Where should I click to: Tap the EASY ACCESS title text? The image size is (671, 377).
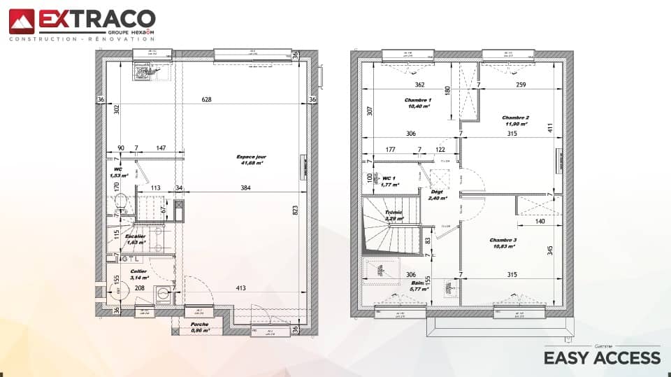(x=602, y=358)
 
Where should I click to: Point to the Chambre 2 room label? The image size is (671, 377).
(x=515, y=120)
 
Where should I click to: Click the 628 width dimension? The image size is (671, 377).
(x=206, y=100)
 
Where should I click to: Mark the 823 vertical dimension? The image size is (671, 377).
(x=294, y=209)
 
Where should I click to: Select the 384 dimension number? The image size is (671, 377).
(x=245, y=187)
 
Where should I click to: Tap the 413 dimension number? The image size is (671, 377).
(x=241, y=288)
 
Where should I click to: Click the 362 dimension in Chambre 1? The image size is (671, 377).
(x=419, y=85)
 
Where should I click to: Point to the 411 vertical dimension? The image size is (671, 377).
(x=549, y=128)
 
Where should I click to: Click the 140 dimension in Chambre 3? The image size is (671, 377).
(x=540, y=222)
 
